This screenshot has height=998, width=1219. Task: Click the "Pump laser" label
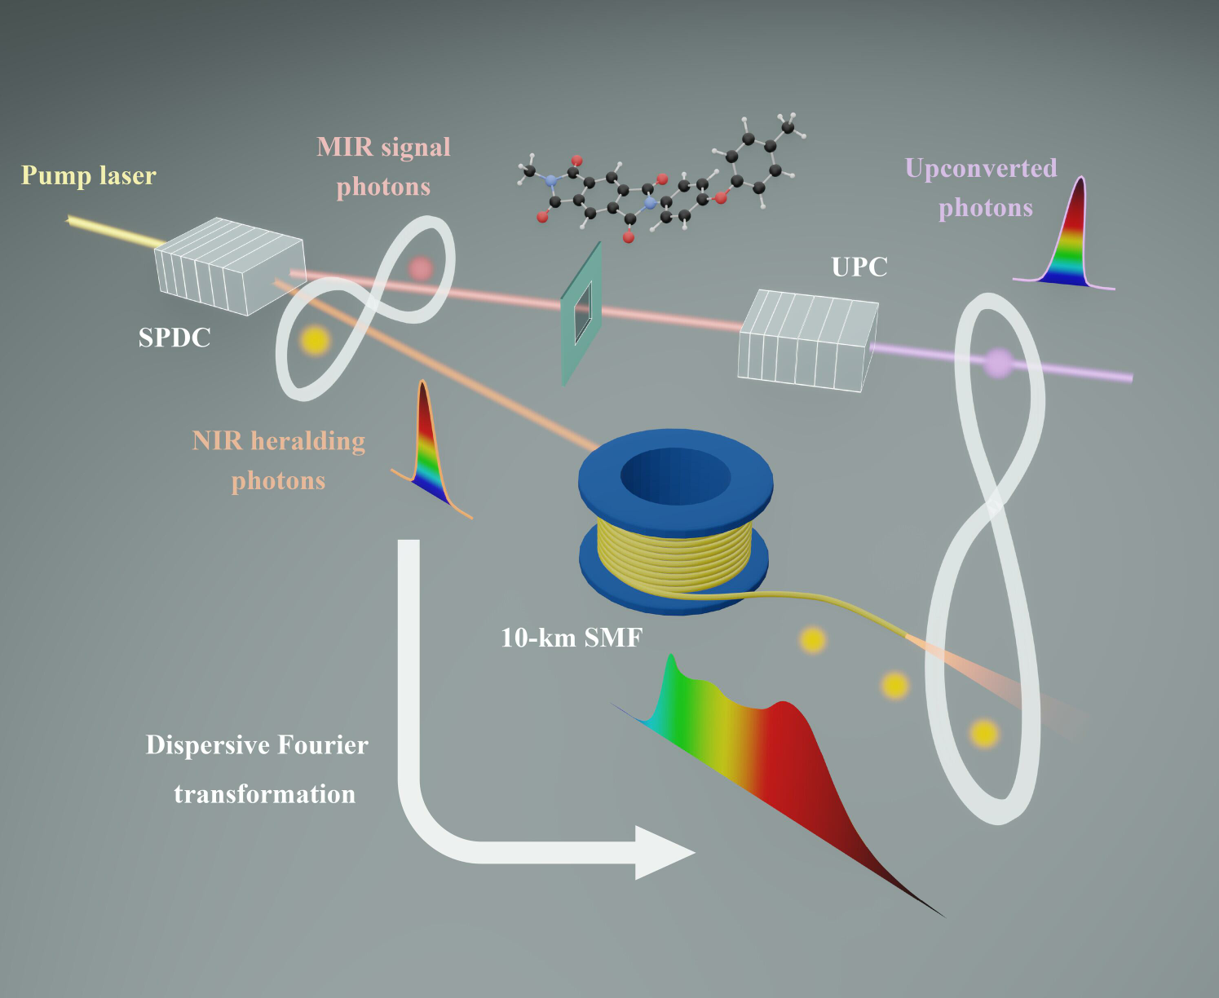pos(88,175)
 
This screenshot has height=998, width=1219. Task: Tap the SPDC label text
pos(174,338)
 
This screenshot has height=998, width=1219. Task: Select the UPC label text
pos(859,267)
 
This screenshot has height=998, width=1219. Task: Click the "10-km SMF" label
pos(572,637)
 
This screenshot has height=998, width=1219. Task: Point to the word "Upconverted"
pos(981,168)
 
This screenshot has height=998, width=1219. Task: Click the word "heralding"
pos(307,441)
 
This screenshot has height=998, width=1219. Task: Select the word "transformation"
pos(264,794)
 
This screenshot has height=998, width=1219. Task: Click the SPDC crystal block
pos(229,265)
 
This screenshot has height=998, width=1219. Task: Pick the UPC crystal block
pos(807,340)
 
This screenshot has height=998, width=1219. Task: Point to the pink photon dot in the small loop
pos(420,267)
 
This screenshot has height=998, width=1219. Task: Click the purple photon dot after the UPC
pos(997,363)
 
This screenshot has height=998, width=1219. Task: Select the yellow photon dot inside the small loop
pos(314,340)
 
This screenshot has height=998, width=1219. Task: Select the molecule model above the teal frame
pos(656,183)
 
